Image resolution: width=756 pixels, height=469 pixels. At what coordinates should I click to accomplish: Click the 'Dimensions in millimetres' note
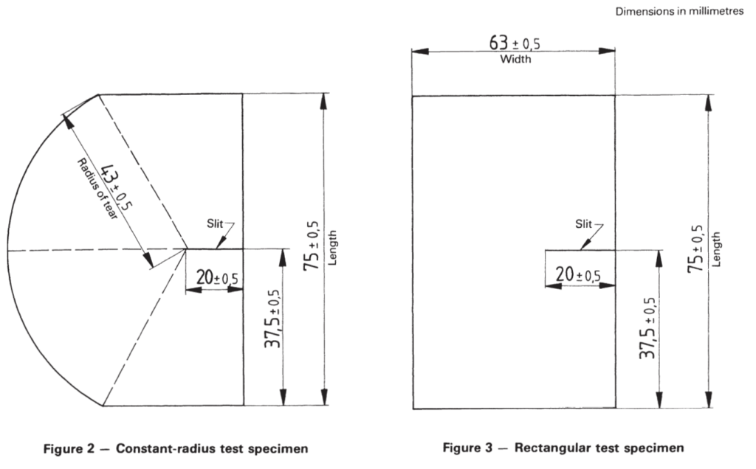[679, 11]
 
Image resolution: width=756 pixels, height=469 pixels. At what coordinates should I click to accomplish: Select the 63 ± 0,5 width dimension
[515, 43]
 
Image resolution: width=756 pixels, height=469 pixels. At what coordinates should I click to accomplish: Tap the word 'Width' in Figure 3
[515, 59]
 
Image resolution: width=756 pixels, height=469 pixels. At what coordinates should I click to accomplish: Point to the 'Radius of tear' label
[97, 190]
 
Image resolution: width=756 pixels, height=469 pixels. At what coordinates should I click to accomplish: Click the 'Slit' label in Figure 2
[215, 223]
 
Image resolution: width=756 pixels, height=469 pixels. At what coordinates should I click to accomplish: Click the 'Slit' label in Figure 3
[583, 224]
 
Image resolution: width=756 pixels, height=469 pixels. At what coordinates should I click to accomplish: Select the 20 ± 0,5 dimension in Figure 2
[217, 278]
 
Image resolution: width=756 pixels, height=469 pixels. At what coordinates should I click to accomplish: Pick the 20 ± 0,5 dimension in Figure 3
[578, 275]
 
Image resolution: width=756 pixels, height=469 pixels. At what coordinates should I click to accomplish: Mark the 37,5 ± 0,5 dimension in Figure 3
[648, 327]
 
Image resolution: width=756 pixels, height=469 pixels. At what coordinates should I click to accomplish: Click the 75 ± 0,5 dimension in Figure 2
[312, 246]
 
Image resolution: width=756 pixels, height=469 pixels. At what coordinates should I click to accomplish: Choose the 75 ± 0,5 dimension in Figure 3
[695, 249]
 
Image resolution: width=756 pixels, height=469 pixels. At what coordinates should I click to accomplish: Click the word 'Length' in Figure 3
[716, 249]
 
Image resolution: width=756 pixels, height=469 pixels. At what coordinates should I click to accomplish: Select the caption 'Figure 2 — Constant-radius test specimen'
[176, 449]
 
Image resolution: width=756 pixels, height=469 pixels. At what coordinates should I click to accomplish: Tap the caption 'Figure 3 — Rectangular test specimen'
[563, 448]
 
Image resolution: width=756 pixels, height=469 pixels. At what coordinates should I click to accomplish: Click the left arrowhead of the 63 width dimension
[419, 51]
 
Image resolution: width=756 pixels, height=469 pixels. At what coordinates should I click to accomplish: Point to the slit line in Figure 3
[580, 250]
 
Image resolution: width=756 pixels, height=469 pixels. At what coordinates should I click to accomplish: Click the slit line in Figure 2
[215, 249]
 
